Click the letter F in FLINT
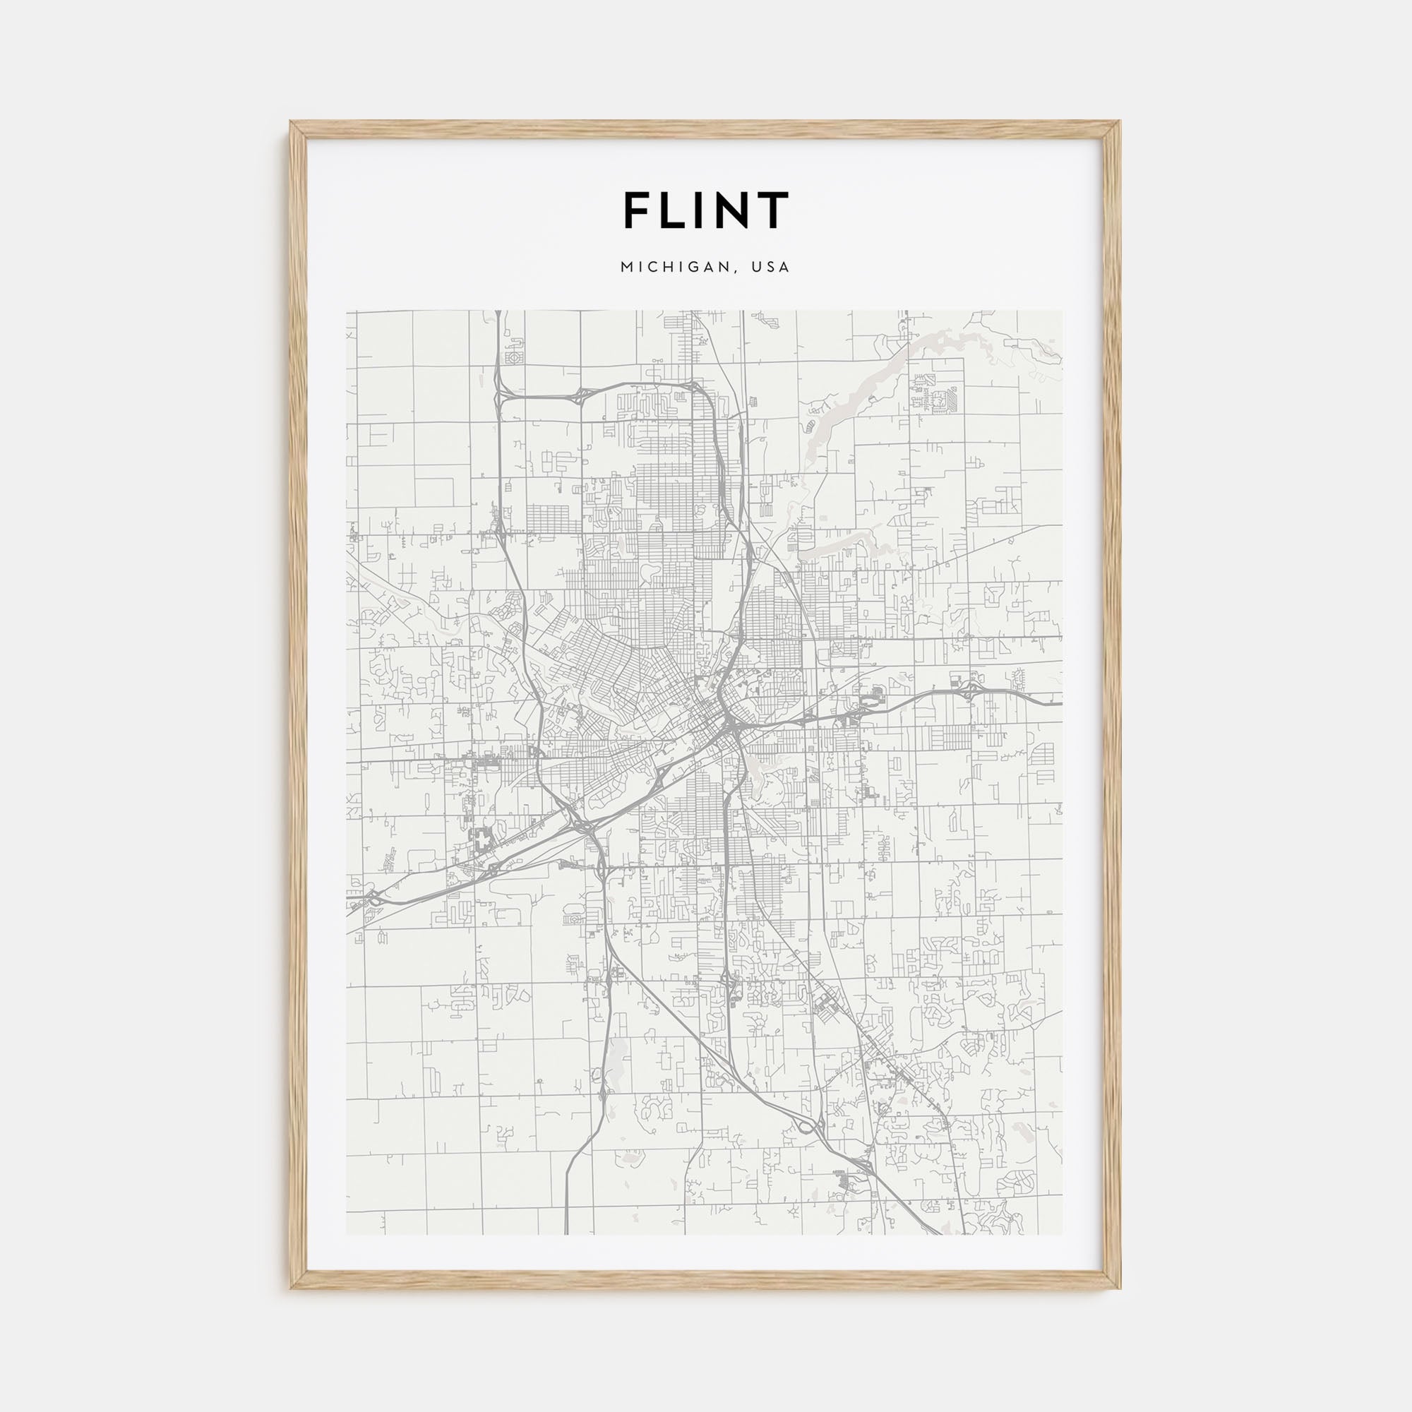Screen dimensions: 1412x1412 point(637,210)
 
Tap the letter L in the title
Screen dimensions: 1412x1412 point(676,210)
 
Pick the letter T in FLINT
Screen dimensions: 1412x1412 point(773,210)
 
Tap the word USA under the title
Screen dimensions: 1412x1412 point(772,268)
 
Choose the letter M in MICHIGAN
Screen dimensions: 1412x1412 point(627,268)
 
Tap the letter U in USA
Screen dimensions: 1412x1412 point(760,268)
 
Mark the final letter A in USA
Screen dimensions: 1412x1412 point(785,268)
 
